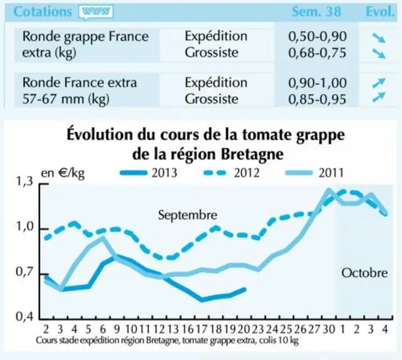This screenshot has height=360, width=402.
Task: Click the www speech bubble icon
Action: coord(96,12)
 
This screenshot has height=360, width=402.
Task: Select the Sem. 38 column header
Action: coord(316,11)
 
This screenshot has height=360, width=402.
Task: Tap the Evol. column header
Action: coord(380,11)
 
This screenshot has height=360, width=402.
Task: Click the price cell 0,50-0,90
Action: coord(317,36)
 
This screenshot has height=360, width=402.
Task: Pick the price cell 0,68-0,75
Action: coord(317,52)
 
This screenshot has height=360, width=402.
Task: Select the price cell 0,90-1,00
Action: coord(317,82)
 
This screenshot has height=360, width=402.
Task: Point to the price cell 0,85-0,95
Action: coord(317,99)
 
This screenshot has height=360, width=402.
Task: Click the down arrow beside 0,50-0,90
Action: coord(379,38)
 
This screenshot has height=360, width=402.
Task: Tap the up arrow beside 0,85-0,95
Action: coord(379,97)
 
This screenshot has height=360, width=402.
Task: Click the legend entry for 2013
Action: coord(149,172)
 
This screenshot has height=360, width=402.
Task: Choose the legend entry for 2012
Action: coord(232,172)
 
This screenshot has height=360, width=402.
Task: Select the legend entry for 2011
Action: coord(315,172)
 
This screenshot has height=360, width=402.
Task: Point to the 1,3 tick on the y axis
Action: coord(24,182)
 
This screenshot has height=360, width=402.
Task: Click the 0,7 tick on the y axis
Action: coord(24,272)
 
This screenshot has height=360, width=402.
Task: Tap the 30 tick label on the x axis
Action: coord(329,329)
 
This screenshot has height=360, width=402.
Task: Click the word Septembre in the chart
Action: coord(188,215)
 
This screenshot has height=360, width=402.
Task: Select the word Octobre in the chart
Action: coord(365,273)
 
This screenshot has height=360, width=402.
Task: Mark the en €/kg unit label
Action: coord(63,173)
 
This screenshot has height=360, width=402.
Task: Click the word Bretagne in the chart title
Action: coord(252,154)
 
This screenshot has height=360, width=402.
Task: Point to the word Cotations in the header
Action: coord(42,12)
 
